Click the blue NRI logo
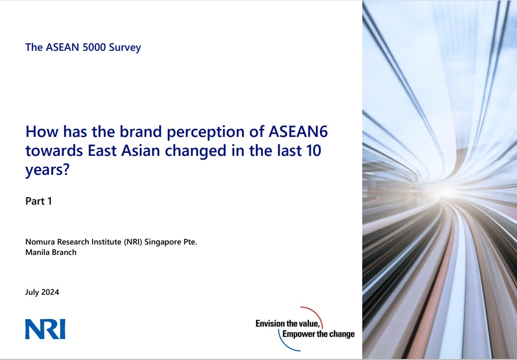(45, 330)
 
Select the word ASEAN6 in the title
(298, 132)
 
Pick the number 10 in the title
(311, 150)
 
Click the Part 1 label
(39, 201)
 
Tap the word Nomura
(40, 242)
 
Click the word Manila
(37, 252)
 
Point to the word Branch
(64, 252)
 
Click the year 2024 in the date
(50, 292)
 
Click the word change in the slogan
(342, 334)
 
